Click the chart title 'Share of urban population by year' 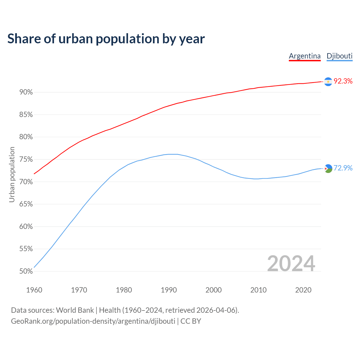(106, 39)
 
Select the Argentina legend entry (305, 56)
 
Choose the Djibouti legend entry (339, 56)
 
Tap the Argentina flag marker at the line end (328, 82)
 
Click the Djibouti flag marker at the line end (328, 168)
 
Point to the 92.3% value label (343, 81)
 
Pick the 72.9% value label (343, 168)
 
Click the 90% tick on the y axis (26, 92)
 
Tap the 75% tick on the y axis (26, 159)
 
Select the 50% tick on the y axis (26, 271)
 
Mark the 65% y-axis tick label (26, 204)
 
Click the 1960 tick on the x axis (34, 290)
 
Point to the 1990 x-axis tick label (169, 290)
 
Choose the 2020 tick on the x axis (303, 290)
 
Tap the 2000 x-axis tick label (213, 290)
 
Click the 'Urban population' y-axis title (12, 174)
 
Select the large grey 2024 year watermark (291, 264)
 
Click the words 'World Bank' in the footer (75, 310)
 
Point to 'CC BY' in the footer (191, 321)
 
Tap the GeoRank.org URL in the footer (93, 321)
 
